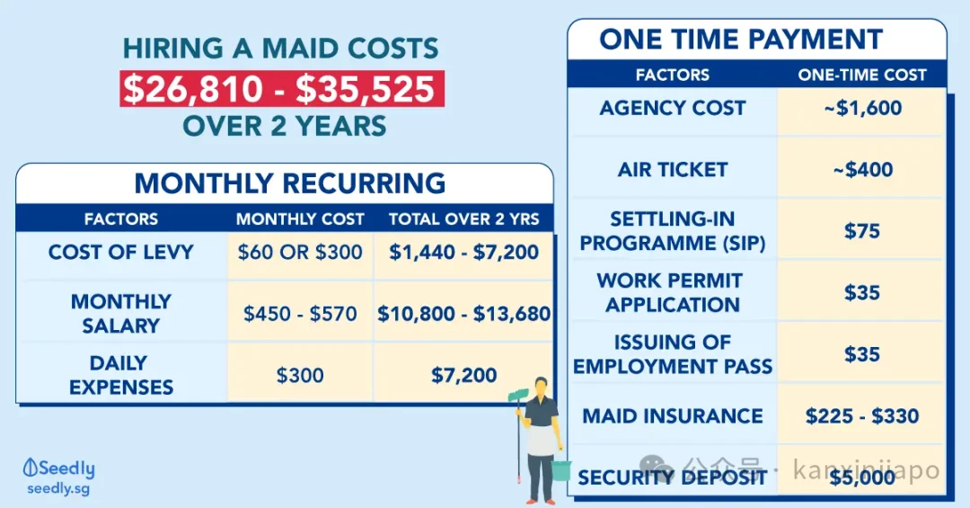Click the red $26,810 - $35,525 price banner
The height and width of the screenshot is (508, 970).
click(x=282, y=89)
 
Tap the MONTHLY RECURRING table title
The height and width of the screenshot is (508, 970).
click(x=289, y=183)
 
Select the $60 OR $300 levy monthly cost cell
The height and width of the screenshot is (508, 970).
click(x=300, y=252)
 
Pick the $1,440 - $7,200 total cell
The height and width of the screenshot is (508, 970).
click(x=464, y=252)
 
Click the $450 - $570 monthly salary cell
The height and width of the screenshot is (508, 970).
click(x=300, y=314)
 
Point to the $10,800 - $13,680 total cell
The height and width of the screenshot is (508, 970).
click(x=464, y=314)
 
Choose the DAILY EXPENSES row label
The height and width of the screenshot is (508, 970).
click(x=121, y=375)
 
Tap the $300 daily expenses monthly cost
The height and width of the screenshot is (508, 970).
click(x=300, y=375)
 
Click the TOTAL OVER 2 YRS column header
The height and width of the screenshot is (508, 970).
click(x=464, y=218)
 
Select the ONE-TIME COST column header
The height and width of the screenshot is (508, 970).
click(x=862, y=75)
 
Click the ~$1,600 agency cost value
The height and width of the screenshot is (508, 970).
click(x=862, y=108)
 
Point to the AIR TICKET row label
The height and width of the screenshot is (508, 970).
click(x=673, y=170)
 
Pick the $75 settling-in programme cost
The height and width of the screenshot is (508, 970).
click(x=862, y=231)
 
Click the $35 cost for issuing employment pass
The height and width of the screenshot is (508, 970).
click(x=862, y=354)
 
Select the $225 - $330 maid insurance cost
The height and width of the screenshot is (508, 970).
click(x=862, y=415)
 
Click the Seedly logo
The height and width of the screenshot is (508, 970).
click(x=58, y=468)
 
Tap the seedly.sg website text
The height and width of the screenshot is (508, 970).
click(x=58, y=489)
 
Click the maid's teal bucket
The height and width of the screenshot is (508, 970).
click(x=560, y=471)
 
